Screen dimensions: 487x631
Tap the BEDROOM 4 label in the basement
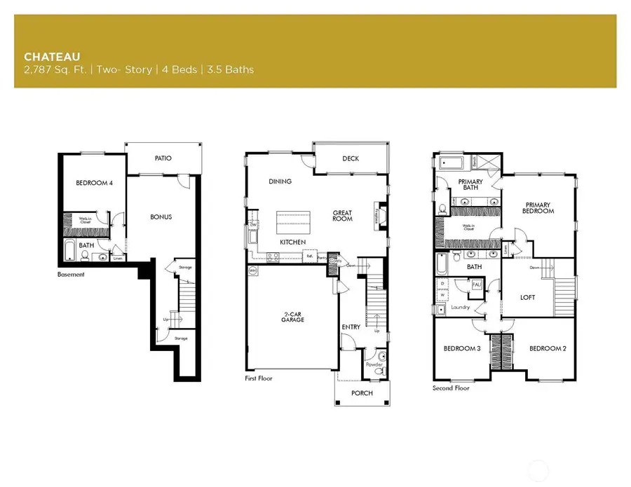click(94, 184)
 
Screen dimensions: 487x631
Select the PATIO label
click(163, 158)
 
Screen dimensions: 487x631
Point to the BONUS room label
click(161, 217)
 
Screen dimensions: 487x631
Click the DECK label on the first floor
click(351, 158)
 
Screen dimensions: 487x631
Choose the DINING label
click(280, 181)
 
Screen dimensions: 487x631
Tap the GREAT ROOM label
click(342, 216)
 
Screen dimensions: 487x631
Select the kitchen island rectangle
click(292, 222)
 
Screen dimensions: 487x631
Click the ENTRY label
click(351, 327)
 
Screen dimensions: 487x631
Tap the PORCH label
click(362, 393)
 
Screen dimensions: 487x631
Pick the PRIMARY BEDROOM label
click(538, 208)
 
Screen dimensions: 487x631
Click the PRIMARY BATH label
click(470, 184)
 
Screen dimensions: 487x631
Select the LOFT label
click(528, 297)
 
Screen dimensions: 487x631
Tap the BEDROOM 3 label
click(462, 349)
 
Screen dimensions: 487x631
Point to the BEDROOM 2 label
click(548, 349)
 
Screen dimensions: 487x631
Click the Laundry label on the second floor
click(460, 307)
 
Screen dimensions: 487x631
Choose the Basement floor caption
click(71, 275)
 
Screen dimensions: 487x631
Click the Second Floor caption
click(452, 387)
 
